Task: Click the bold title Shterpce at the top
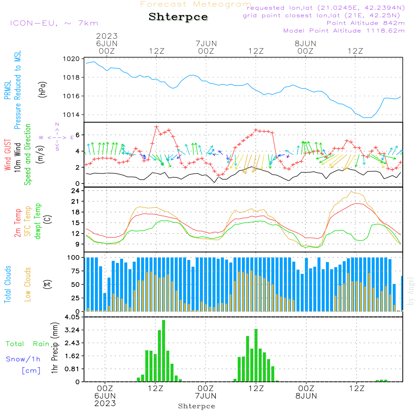(178, 17)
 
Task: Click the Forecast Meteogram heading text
(196, 4)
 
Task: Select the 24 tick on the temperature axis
(76, 191)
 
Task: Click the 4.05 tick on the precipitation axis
(72, 317)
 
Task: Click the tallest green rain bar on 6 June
(163, 351)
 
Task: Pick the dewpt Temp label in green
(38, 221)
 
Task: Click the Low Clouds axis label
(28, 284)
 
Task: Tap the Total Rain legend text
(27, 344)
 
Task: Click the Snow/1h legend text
(23, 359)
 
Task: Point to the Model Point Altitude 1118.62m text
(344, 31)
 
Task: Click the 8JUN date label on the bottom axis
(306, 396)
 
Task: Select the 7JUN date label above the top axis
(206, 43)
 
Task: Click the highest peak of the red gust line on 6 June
(156, 126)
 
